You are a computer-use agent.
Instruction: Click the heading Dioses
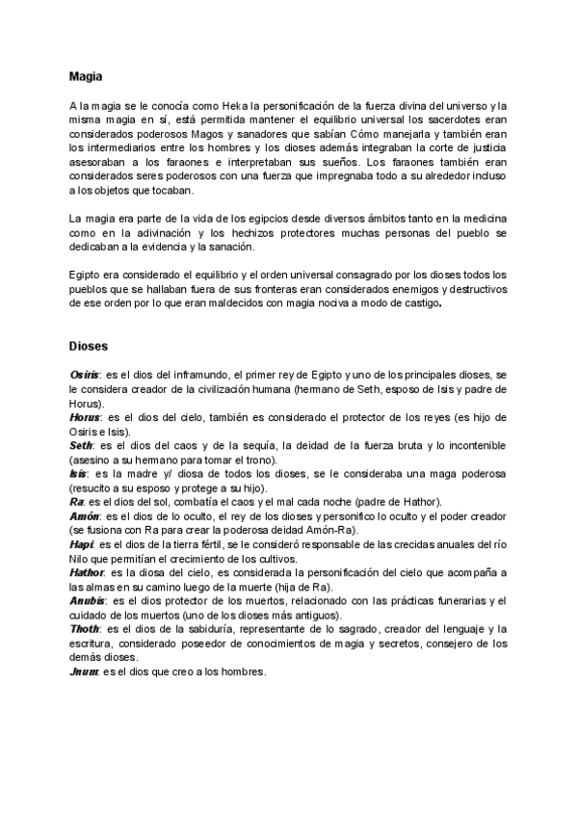(89, 344)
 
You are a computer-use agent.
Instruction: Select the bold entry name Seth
(81, 445)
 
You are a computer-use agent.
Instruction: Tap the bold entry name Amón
(84, 516)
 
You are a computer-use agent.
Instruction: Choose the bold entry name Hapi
(81, 545)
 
